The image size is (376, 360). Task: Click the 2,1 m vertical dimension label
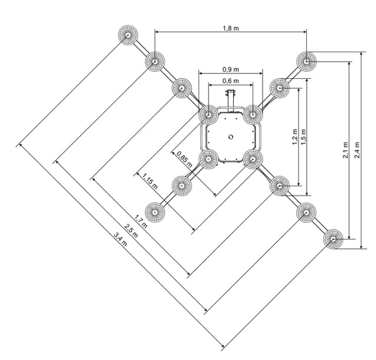click(346, 150)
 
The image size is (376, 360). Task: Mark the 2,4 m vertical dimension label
click(357, 150)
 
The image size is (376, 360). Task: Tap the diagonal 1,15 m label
click(150, 180)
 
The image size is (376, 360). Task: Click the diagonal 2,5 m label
click(130, 232)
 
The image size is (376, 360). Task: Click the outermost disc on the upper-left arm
click(128, 35)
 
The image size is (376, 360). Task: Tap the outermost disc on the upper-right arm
click(306, 61)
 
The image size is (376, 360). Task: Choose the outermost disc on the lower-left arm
click(155, 212)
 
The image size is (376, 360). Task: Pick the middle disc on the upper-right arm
click(280, 88)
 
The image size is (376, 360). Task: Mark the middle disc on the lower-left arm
click(182, 186)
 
